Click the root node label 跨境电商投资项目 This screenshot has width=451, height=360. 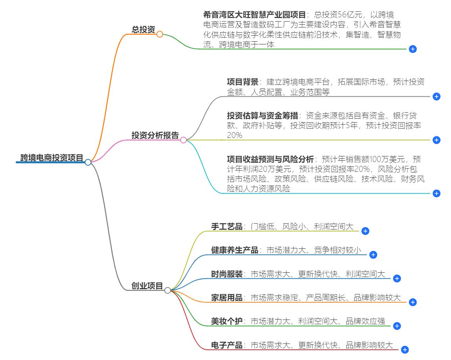[52, 158]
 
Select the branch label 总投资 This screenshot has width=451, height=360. [143, 29]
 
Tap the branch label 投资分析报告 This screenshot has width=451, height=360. [155, 135]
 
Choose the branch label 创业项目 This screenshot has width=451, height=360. [147, 286]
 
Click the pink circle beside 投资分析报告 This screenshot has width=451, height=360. [183, 140]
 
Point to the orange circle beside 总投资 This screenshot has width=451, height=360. [159, 35]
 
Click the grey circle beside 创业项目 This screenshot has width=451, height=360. [167, 291]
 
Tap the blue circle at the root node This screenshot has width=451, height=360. [88, 162]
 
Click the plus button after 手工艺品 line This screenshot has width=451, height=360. [365, 231]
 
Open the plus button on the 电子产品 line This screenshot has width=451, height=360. [405, 350]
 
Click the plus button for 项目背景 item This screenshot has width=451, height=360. [436, 97]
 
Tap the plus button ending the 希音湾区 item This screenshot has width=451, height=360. [413, 49]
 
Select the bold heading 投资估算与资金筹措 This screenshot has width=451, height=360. [262, 116]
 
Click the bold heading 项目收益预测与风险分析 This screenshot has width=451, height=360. [270, 159]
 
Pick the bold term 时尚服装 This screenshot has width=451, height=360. [227, 274]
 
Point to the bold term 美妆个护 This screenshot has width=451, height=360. [227, 321]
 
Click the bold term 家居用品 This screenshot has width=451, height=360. [227, 298]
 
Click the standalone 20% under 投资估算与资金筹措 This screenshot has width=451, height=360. [235, 135]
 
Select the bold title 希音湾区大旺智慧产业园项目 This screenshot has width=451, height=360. [254, 15]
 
